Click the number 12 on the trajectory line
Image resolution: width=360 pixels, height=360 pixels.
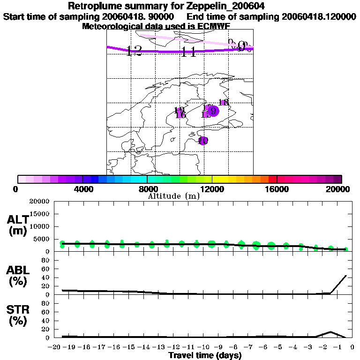click(134, 51)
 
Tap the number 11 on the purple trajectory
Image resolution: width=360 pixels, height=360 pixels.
click(188, 52)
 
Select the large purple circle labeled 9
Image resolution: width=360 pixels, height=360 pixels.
click(213, 111)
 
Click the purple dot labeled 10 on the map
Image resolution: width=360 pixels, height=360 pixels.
click(203, 140)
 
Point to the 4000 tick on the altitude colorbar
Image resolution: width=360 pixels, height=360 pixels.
click(82, 179)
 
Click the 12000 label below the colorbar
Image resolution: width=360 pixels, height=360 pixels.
click(212, 189)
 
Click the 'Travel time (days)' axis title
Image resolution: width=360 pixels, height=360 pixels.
click(205, 356)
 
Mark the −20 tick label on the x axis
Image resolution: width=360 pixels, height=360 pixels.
click(55, 347)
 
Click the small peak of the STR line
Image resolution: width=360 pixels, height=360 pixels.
click(331, 332)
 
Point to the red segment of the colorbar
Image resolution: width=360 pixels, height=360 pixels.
click(272, 179)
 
